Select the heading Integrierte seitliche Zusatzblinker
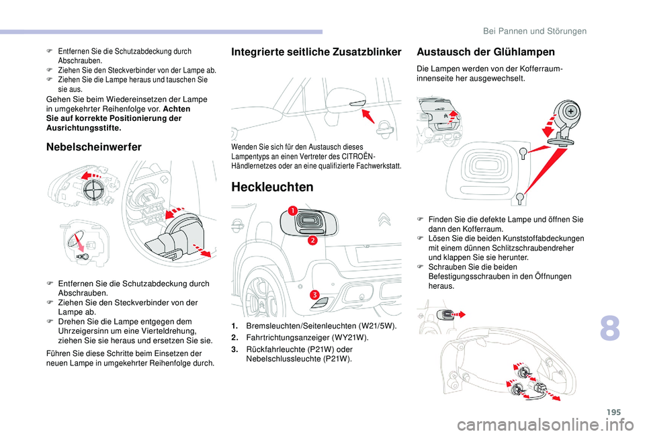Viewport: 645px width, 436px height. coord(316,52)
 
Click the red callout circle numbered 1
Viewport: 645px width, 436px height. coord(293,212)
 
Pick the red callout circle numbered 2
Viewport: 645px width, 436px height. coord(312,240)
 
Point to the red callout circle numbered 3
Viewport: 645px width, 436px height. coord(314,296)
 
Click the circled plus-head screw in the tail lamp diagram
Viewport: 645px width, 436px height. coord(570,110)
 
